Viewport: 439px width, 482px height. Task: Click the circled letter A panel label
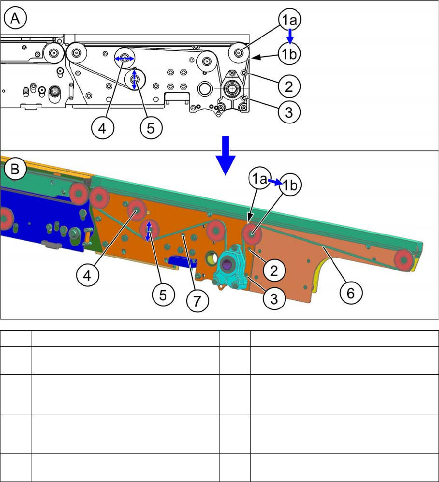(15, 19)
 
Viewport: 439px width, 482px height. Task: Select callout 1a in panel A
(289, 21)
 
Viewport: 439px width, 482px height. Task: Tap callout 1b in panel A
(289, 55)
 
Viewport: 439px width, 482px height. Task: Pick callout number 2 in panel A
(289, 87)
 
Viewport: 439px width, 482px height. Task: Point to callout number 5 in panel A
(150, 128)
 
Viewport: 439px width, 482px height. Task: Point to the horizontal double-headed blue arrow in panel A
(124, 58)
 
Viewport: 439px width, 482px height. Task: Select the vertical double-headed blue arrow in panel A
(135, 79)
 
